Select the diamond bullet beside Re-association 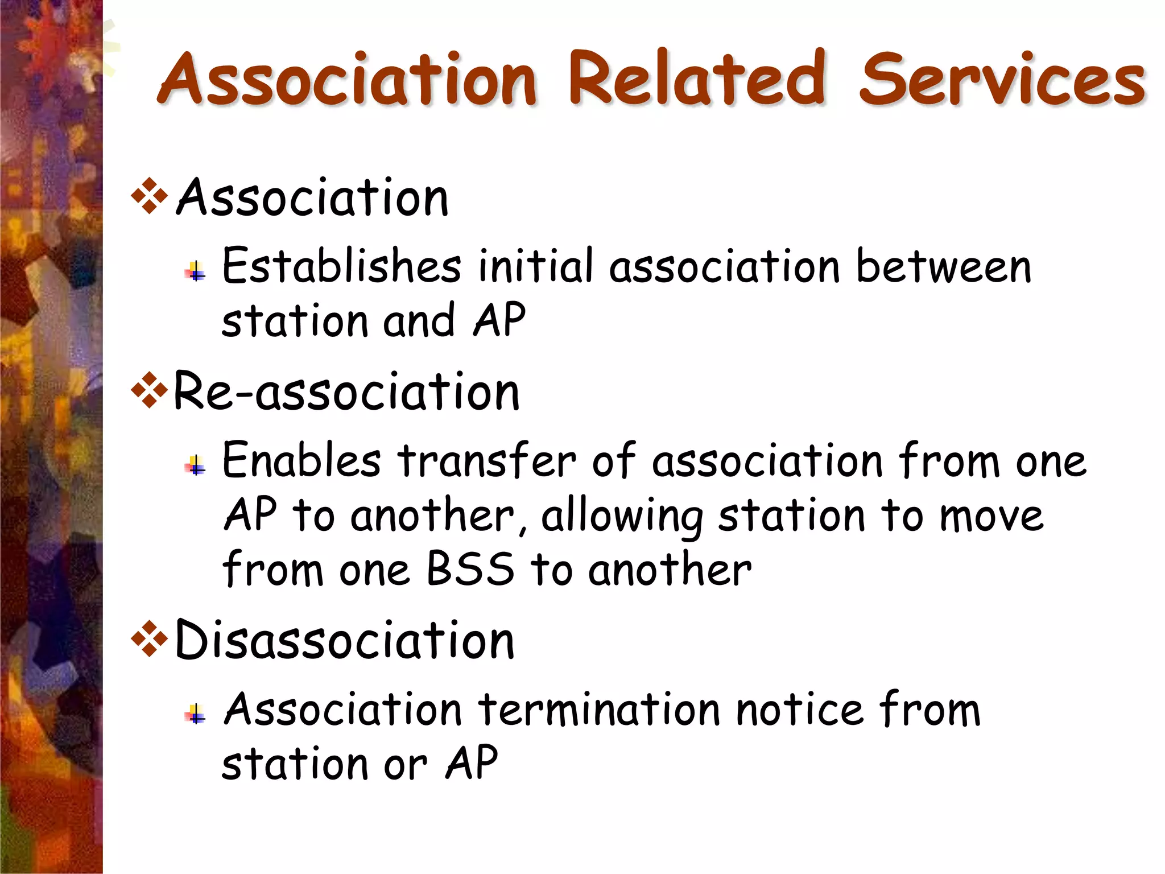coord(149,390)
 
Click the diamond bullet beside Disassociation coord(149,640)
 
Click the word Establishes coord(341,266)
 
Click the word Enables coord(301,460)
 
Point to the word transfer coord(487,460)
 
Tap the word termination coord(600,710)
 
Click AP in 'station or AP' coord(472,762)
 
